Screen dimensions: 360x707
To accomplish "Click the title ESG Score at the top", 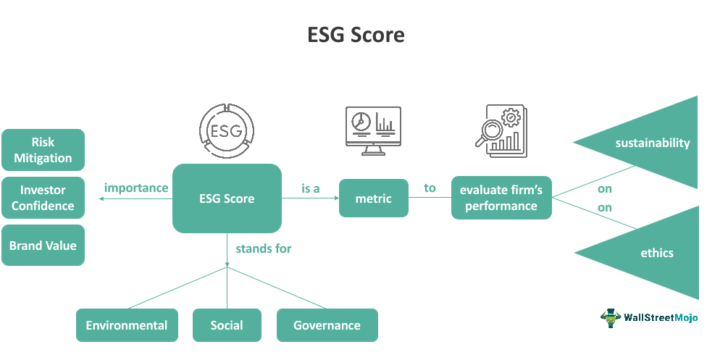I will pyautogui.click(x=353, y=35).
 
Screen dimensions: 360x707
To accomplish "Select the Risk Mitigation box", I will pyautogui.click(x=43, y=150).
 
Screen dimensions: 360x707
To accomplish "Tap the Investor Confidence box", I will pyautogui.click(x=43, y=198).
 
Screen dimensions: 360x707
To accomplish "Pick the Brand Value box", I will pyautogui.click(x=43, y=246).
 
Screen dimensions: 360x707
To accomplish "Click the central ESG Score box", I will pyautogui.click(x=227, y=198).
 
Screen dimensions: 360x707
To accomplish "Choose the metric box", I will pyautogui.click(x=374, y=198).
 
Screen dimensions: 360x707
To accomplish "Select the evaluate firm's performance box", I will pyautogui.click(x=501, y=198).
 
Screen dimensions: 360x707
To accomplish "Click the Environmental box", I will pyautogui.click(x=127, y=325).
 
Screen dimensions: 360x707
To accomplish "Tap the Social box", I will pyautogui.click(x=227, y=325).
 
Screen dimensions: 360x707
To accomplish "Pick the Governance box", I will pyautogui.click(x=327, y=325).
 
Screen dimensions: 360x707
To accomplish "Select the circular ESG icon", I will pyautogui.click(x=227, y=130).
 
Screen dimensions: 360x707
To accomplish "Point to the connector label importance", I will pyautogui.click(x=136, y=188).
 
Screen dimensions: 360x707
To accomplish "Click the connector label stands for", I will pyautogui.click(x=264, y=248).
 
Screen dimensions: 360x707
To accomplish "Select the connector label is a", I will pyautogui.click(x=311, y=188).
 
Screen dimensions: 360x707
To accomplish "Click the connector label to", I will pyautogui.click(x=430, y=188).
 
